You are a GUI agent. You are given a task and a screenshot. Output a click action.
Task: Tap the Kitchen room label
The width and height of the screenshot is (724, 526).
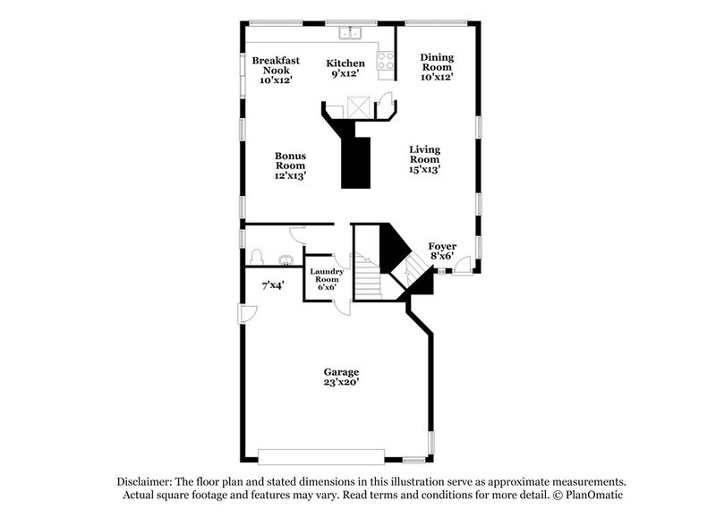[x=345, y=68]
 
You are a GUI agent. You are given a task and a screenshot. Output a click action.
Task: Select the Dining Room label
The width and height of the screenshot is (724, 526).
[x=437, y=67]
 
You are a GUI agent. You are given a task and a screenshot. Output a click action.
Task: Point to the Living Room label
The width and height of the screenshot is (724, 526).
[x=425, y=158]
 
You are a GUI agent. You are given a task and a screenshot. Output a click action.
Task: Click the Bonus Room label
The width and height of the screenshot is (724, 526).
[x=290, y=165]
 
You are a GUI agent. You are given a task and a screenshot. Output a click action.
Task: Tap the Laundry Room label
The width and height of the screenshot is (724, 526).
[x=323, y=279]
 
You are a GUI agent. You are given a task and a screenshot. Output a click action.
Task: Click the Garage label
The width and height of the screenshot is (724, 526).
[x=341, y=377]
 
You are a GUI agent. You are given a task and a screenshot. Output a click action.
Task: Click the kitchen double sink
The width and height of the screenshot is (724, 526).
[x=349, y=34]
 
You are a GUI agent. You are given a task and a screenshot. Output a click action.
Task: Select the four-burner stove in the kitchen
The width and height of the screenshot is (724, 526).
[x=386, y=60]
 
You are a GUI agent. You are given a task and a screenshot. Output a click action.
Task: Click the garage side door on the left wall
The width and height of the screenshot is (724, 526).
[x=247, y=313]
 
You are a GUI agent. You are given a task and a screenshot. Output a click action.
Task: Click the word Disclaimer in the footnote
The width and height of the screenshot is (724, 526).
[x=144, y=480]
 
